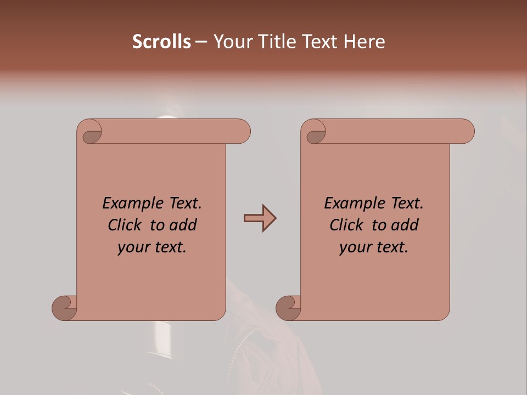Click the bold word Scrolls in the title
[161, 42]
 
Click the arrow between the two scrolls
[260, 218]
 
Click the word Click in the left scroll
[125, 225]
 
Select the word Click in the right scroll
[346, 225]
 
